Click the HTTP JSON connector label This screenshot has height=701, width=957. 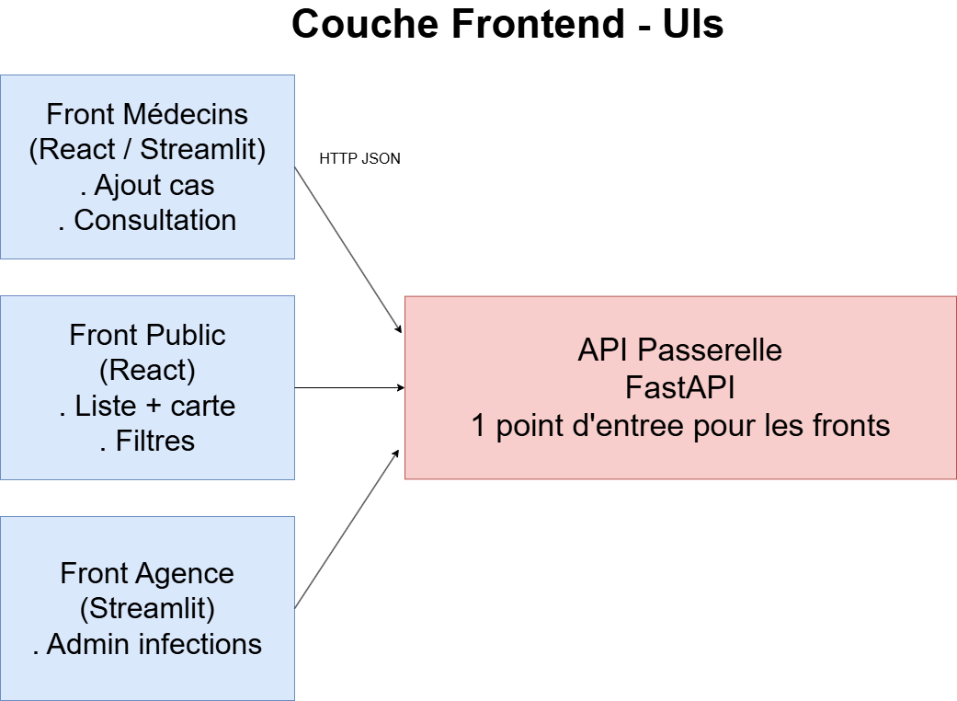[x=359, y=158]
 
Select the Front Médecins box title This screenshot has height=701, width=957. [x=147, y=114]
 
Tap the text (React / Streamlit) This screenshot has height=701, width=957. [x=147, y=149]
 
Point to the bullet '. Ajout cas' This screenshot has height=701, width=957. [x=147, y=185]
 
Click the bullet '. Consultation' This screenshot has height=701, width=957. [x=147, y=220]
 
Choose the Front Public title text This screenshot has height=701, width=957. [x=147, y=335]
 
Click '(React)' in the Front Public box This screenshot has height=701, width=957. [x=147, y=370]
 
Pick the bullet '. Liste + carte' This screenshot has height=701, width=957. [x=147, y=406]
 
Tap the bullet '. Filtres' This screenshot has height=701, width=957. [x=147, y=441]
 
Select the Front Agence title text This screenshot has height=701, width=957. [x=147, y=573]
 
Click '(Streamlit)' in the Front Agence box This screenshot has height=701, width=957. [x=147, y=608]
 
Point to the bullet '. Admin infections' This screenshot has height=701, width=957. [x=147, y=644]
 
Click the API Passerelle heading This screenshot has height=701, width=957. [x=680, y=350]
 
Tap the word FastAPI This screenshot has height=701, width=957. [x=680, y=387]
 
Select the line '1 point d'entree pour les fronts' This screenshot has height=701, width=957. [x=680, y=425]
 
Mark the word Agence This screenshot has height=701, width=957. [x=189, y=573]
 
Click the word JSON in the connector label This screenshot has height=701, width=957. [x=380, y=158]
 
